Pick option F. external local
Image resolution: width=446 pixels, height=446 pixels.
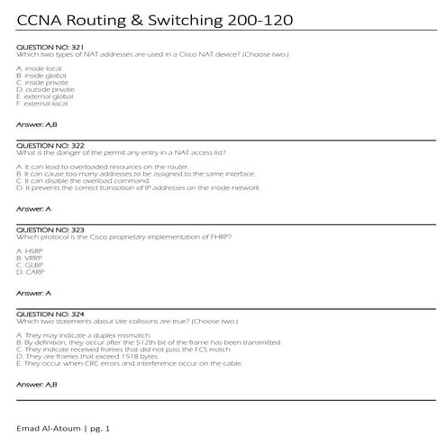point(42,103)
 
